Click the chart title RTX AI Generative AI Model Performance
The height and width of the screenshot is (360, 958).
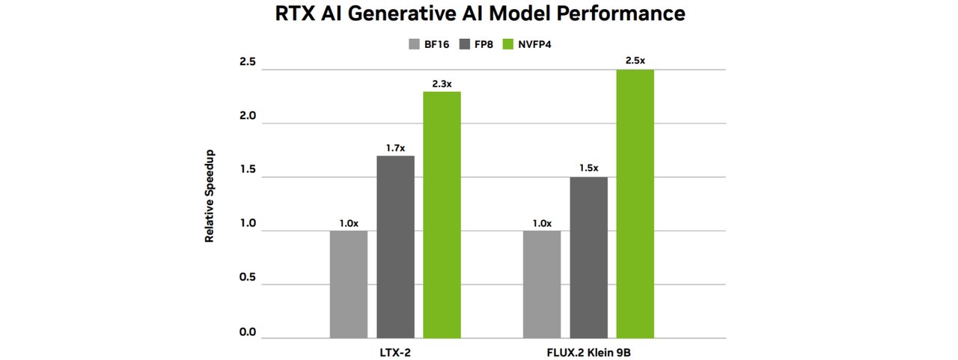click(478, 13)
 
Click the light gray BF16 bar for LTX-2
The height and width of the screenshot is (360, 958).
click(349, 284)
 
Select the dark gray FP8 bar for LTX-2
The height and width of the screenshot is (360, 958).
click(395, 247)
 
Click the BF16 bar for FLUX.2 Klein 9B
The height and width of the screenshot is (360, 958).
click(542, 284)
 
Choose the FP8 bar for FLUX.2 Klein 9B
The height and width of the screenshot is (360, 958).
click(588, 257)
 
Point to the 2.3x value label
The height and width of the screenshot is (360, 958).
click(442, 84)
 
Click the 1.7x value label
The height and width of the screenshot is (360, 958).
click(395, 148)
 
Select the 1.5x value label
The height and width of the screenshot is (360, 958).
click(588, 168)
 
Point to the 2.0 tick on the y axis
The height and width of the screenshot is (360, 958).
click(247, 117)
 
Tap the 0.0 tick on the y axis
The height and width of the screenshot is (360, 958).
click(247, 332)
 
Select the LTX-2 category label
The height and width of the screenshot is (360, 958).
click(395, 352)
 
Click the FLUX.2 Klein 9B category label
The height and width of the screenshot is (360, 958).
click(588, 352)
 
